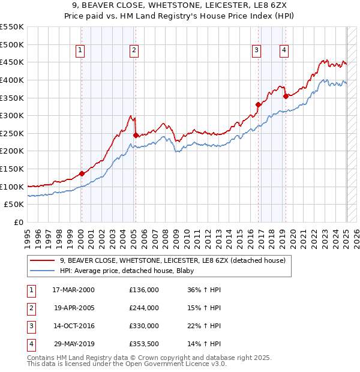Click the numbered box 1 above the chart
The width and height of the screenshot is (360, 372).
80,50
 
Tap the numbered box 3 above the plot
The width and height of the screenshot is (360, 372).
256,50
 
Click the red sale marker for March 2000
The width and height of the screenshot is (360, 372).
82,174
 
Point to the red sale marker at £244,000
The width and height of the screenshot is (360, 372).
136,136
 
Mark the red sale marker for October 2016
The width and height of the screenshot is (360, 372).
258,105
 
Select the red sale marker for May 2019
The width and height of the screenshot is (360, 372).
286,96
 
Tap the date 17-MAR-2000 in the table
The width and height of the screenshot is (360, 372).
73,290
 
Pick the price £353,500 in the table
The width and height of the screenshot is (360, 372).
144,344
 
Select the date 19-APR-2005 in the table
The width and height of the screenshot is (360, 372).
73,308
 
